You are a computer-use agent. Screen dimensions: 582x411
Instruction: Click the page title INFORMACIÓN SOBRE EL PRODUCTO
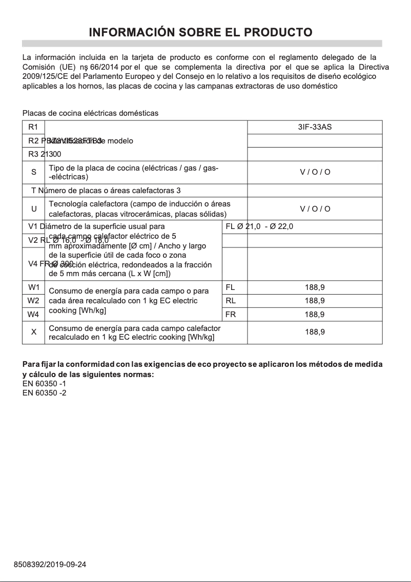pyautogui.click(x=201, y=32)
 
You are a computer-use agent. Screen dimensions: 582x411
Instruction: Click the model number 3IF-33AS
pyautogui.click(x=315, y=127)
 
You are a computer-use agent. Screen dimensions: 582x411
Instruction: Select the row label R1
pyautogui.click(x=33, y=127)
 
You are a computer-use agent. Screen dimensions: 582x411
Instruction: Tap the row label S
pyautogui.click(x=33, y=172)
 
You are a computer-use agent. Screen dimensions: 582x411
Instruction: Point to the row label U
pyautogui.click(x=33, y=209)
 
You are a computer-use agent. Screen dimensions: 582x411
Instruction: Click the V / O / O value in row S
pyautogui.click(x=315, y=172)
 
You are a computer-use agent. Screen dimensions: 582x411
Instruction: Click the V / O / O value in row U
pyautogui.click(x=315, y=209)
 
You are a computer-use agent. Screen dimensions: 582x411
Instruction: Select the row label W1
pyautogui.click(x=33, y=287)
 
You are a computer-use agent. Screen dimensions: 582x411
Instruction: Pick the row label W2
pyautogui.click(x=33, y=300)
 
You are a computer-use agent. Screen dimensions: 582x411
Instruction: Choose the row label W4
pyautogui.click(x=33, y=314)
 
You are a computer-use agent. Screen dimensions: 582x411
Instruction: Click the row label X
pyautogui.click(x=33, y=332)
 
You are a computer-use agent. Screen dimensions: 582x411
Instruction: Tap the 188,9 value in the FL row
pyautogui.click(x=315, y=287)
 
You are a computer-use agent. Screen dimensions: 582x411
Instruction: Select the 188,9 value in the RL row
pyautogui.click(x=315, y=301)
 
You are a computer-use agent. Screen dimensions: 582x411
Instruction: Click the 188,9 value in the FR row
pyautogui.click(x=315, y=314)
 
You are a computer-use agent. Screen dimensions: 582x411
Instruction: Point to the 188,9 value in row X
pyautogui.click(x=315, y=332)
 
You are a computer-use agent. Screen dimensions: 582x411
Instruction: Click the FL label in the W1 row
pyautogui.click(x=230, y=287)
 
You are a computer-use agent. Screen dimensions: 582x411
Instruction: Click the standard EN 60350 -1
pyautogui.click(x=44, y=383)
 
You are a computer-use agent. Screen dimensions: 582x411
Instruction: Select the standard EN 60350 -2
pyautogui.click(x=44, y=393)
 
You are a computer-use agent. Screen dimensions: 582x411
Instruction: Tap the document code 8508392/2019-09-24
pyautogui.click(x=50, y=565)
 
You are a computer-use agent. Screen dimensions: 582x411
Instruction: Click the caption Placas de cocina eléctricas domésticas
pyautogui.click(x=90, y=113)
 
